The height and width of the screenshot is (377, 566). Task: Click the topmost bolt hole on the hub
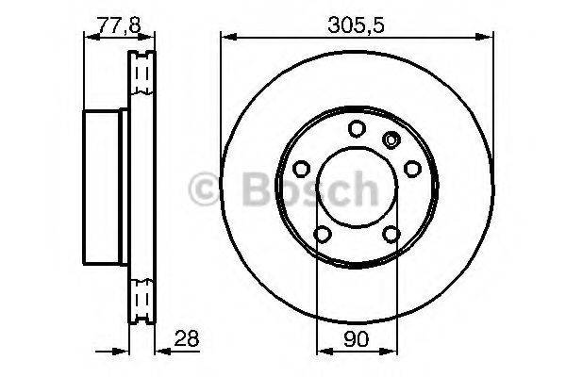[x=356, y=130]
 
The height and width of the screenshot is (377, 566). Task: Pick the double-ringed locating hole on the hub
[x=390, y=140]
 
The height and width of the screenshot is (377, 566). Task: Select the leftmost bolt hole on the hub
[x=302, y=169]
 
